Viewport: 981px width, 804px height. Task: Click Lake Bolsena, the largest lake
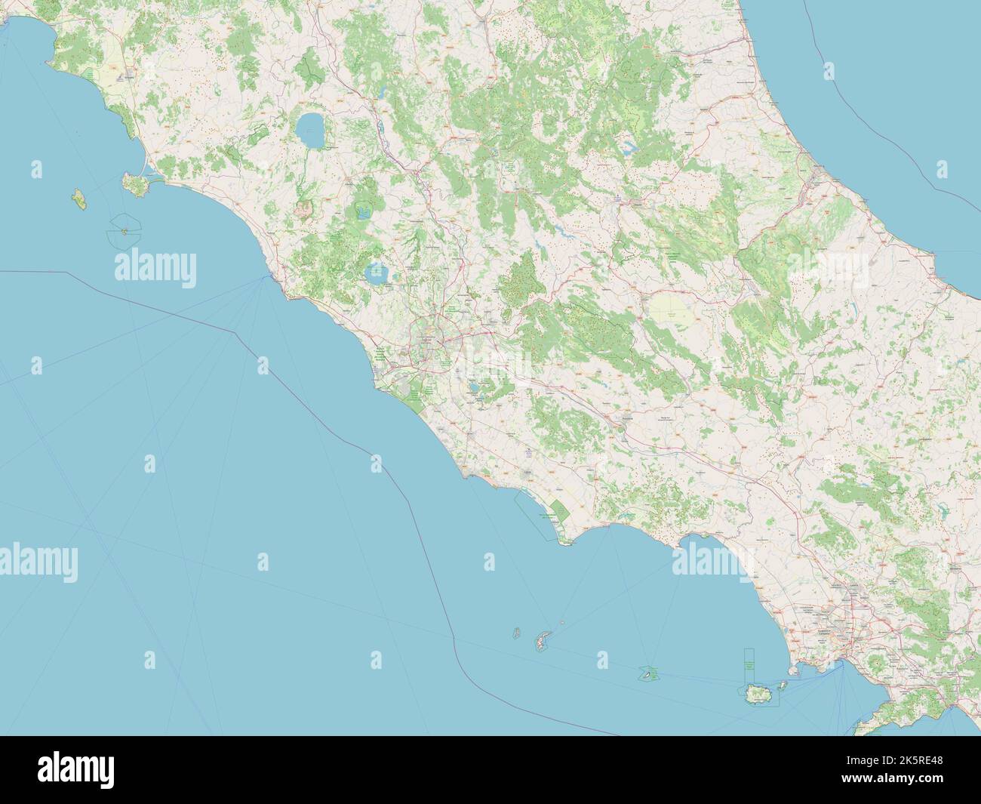311,131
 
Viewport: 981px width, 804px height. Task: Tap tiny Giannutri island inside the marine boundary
124,232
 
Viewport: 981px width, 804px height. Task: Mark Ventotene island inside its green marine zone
647,670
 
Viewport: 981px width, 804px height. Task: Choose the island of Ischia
758,695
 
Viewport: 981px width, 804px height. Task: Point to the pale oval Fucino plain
671,308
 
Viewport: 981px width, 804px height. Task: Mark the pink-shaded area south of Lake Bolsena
308,204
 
